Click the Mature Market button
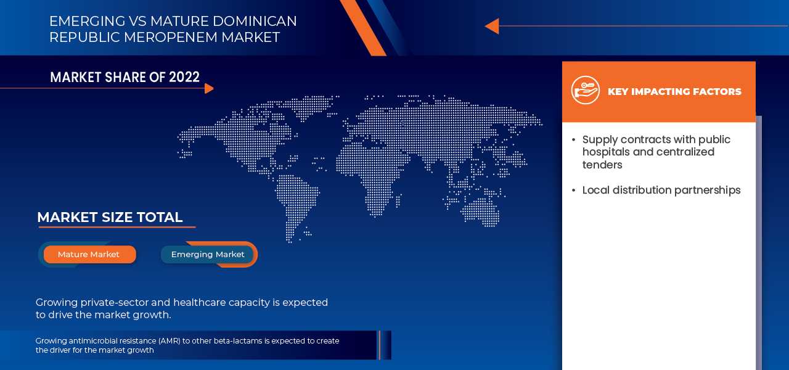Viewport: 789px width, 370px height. (x=89, y=255)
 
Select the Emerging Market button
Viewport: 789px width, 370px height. (x=208, y=255)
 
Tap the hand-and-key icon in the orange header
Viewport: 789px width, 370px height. (x=585, y=91)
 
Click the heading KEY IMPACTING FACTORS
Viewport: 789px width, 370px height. (x=674, y=92)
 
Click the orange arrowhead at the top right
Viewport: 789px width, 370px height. (x=492, y=26)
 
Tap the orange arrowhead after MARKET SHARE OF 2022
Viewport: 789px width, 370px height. (x=209, y=88)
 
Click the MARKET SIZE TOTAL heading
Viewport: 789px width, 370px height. (x=110, y=217)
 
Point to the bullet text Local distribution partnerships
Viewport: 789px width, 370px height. (x=661, y=190)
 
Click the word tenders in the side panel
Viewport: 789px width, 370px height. (x=602, y=165)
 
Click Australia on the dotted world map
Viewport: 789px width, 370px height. (x=481, y=210)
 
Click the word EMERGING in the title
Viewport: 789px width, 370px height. (x=86, y=21)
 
